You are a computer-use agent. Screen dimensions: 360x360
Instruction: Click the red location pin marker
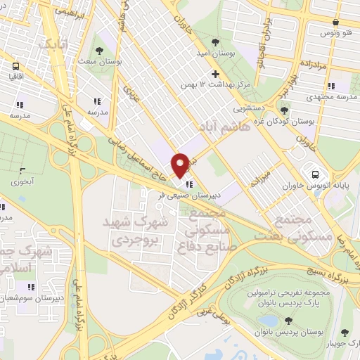coord(181,165)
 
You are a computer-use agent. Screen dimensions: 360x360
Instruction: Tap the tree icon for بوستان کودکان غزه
coord(284,110)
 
